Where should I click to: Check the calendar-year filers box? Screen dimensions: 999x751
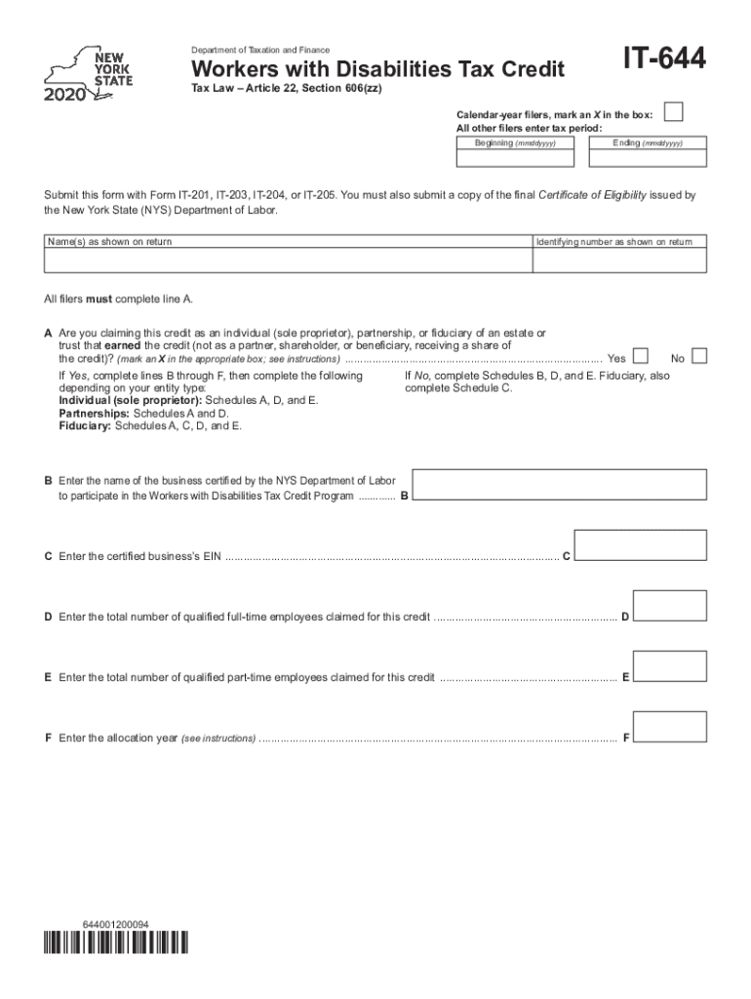click(x=673, y=112)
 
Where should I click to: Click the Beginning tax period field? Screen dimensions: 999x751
click(x=515, y=156)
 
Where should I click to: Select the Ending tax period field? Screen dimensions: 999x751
click(x=647, y=156)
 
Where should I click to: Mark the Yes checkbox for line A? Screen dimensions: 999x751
click(x=642, y=357)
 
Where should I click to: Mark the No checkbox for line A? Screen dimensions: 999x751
click(x=698, y=357)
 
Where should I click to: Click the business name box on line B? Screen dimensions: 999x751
click(x=559, y=486)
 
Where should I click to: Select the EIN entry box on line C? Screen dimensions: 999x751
click(x=640, y=545)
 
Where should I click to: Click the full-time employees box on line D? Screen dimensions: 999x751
click(x=670, y=606)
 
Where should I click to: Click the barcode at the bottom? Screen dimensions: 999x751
click(x=116, y=943)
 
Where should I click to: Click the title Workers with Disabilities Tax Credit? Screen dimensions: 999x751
click(x=377, y=69)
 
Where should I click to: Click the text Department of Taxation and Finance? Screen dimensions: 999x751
click(x=259, y=50)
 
